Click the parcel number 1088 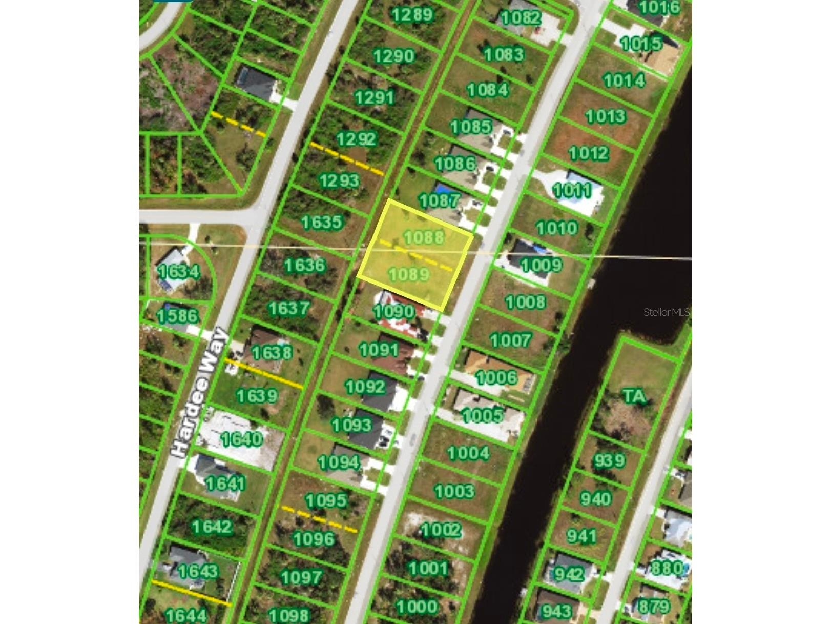coord(424,237)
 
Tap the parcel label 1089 coord(409,274)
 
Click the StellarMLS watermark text coord(666,312)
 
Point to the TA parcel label coord(634,396)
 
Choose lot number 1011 coord(572,191)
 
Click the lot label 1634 coord(179,271)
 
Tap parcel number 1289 coord(412,14)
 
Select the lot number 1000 coord(417,607)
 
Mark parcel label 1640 coord(241,439)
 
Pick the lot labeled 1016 coord(659,7)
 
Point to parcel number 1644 coord(186,615)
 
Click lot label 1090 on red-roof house coord(393,311)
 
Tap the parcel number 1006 coord(496,378)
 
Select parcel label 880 coord(667,568)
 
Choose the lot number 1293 coord(339,180)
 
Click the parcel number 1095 coord(326,500)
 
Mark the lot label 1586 coord(177,315)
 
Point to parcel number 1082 coord(521,18)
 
